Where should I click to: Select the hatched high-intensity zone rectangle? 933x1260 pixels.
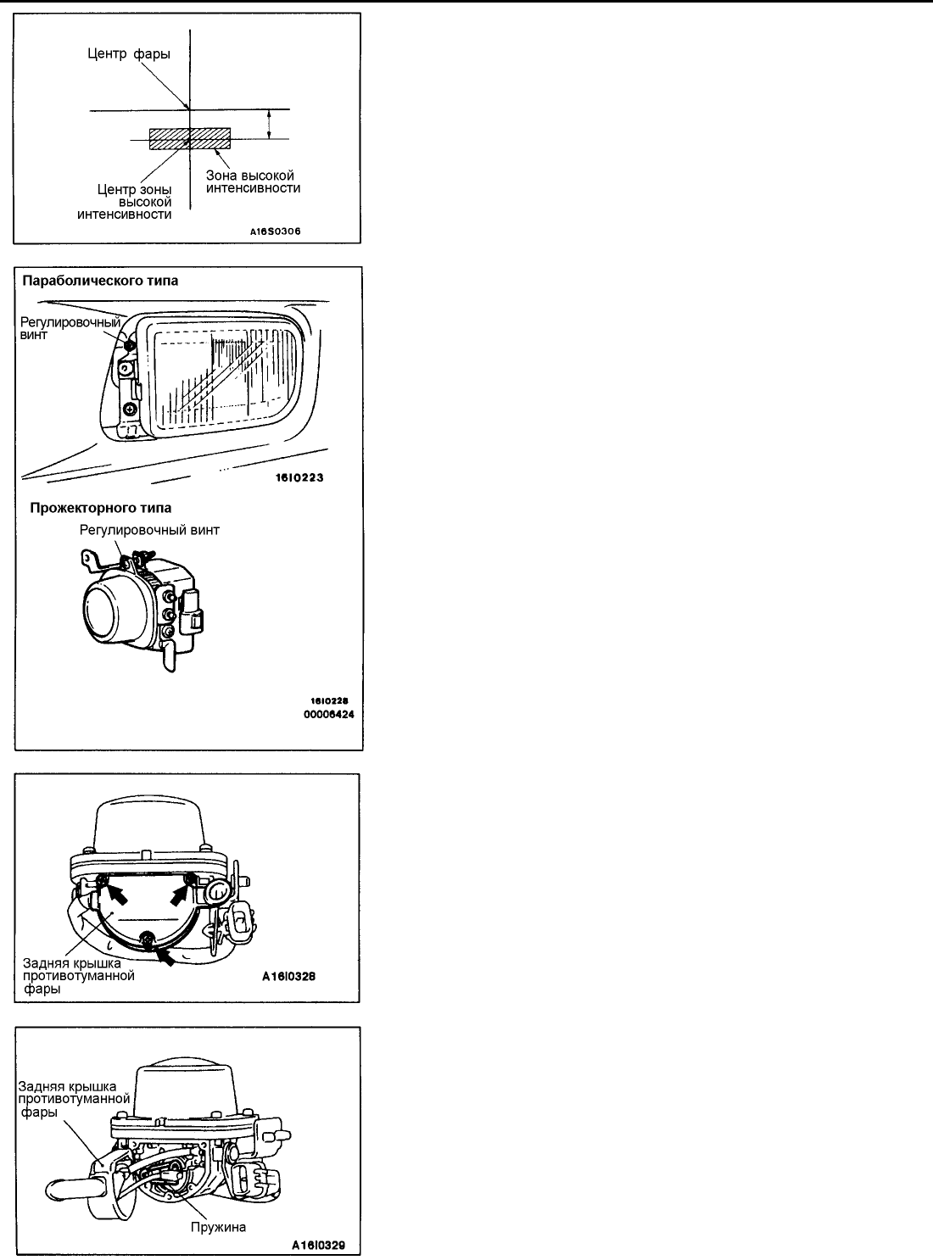(x=189, y=139)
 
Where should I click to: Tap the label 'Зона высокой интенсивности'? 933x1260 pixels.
(x=253, y=181)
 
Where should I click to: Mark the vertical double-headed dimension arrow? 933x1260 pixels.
(x=269, y=124)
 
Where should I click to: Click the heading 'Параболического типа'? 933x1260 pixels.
(x=100, y=281)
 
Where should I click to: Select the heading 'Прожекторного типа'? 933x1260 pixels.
(x=100, y=508)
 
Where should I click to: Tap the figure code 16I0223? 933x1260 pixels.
(x=299, y=477)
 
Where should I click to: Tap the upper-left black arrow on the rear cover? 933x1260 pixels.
(x=120, y=893)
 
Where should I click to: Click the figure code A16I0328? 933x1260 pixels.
(x=288, y=977)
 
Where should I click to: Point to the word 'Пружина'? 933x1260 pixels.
(x=219, y=1227)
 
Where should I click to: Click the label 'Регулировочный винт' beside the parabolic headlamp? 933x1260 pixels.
(x=70, y=328)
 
